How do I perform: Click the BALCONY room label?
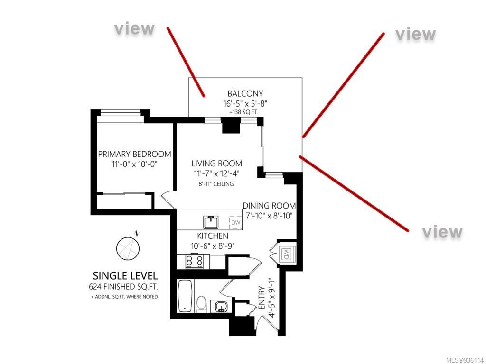tap(245, 93)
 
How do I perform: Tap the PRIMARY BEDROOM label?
tap(134, 154)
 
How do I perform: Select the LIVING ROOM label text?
tap(216, 163)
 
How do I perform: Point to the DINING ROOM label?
tap(269, 206)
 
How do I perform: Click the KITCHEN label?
tap(213, 236)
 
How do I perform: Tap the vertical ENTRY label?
tap(262, 298)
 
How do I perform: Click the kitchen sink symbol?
tap(211, 222)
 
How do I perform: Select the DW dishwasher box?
tap(235, 222)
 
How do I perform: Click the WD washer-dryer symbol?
tap(287, 254)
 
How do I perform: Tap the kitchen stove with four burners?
tap(194, 262)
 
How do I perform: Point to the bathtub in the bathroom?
tap(186, 296)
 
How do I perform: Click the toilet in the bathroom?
tap(202, 304)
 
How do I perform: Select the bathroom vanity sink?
tap(221, 306)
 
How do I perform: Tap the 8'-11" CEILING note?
tap(216, 184)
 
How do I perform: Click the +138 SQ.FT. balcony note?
tap(243, 112)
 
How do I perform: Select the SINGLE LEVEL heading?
tap(125, 275)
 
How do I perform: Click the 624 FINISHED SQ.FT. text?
tap(123, 287)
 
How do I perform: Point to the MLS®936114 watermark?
tap(465, 360)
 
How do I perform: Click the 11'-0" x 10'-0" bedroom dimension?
tap(134, 164)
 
